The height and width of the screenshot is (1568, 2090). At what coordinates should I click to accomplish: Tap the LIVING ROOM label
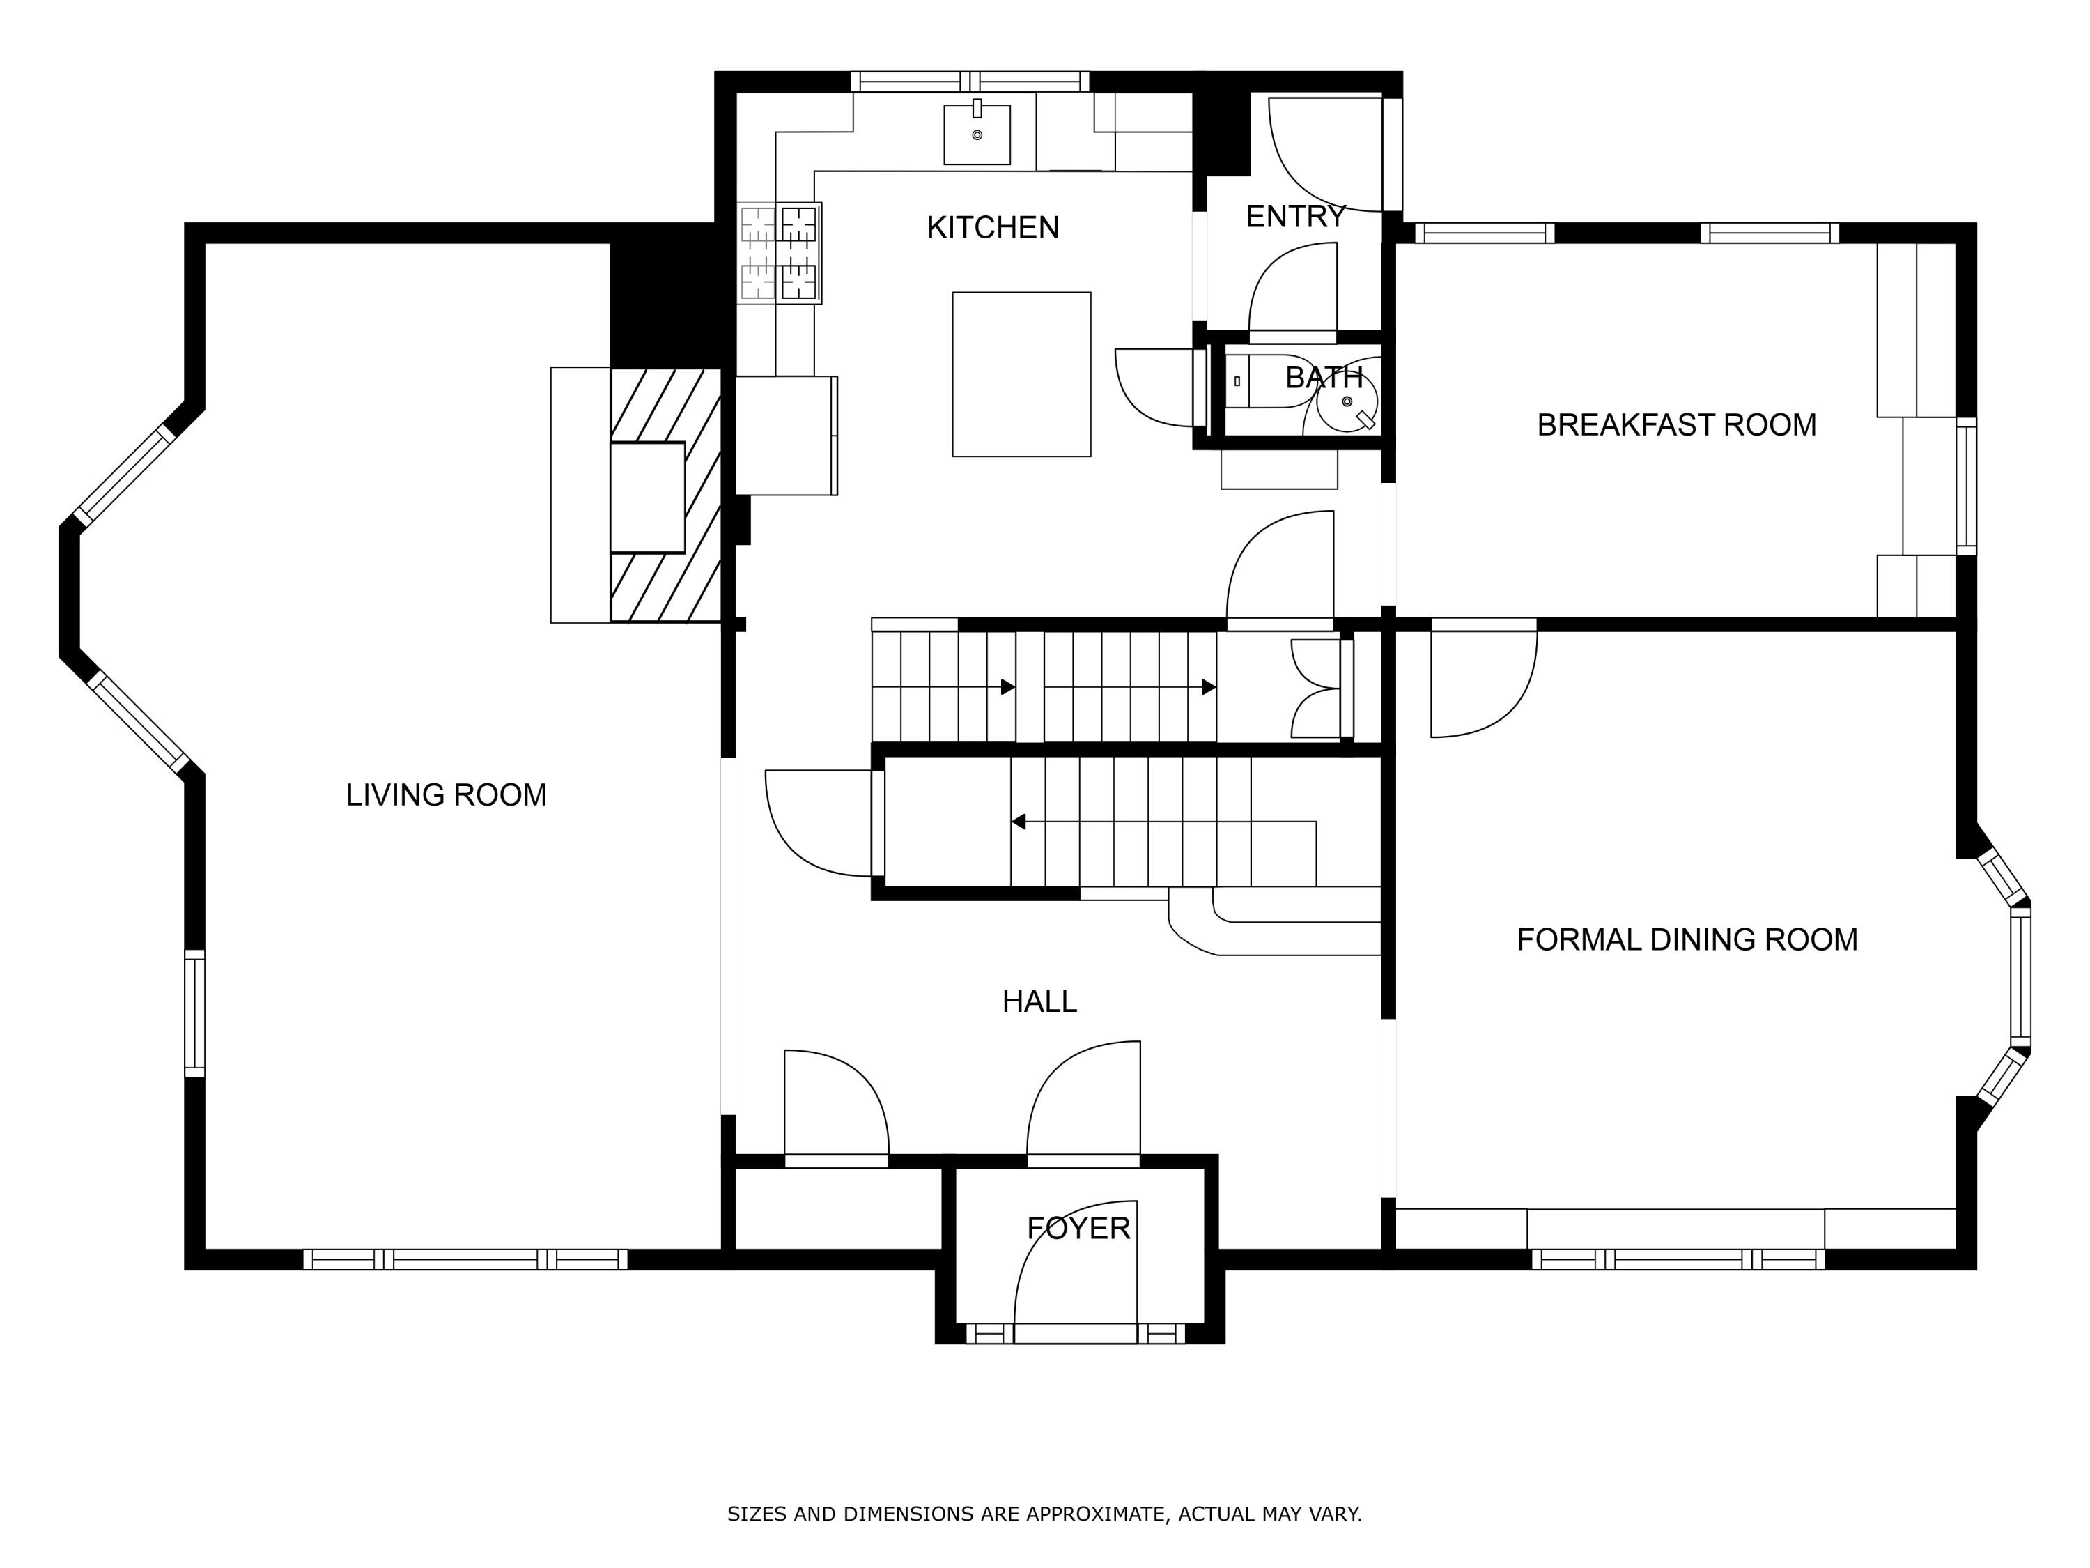point(446,795)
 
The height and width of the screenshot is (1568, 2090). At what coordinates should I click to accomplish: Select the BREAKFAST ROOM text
point(1676,425)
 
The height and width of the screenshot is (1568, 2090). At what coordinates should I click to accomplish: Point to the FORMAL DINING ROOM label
point(1687,939)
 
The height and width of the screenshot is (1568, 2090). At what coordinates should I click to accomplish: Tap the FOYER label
point(1078,1229)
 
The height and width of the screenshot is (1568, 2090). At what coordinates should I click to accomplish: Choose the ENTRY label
point(1294,217)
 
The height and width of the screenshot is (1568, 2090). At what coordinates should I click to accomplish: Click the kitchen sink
point(977,133)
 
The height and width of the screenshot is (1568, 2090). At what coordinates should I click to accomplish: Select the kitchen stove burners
point(780,253)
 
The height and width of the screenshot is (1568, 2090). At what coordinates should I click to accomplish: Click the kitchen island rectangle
point(1021,374)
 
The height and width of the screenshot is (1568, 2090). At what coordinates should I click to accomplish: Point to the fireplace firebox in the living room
point(647,497)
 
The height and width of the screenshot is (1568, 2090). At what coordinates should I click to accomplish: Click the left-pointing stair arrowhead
point(1018,822)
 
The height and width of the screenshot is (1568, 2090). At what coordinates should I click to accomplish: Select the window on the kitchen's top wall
point(970,82)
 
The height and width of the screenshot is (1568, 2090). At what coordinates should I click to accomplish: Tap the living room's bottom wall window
point(465,1259)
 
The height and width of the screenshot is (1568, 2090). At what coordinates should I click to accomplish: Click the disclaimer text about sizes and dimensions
point(1044,1514)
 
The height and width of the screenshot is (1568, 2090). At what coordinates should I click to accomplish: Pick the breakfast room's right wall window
point(1965,486)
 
